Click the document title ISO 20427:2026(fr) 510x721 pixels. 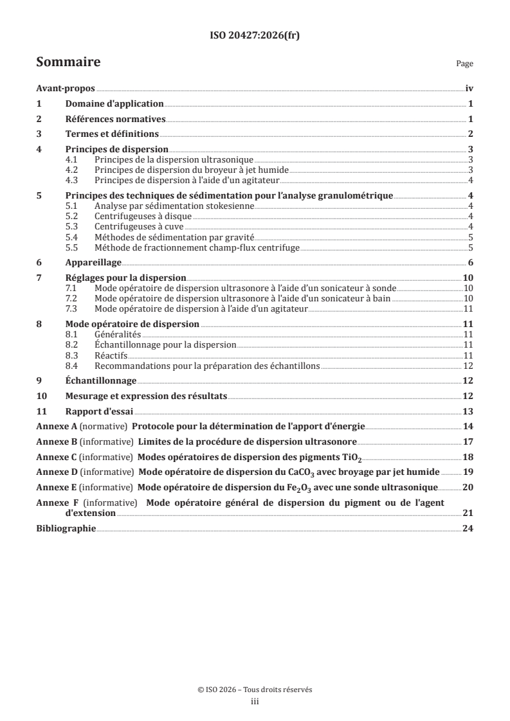pyautogui.click(x=255, y=36)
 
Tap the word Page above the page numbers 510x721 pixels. pyautogui.click(x=464, y=64)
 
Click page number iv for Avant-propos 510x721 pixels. pyautogui.click(x=469, y=89)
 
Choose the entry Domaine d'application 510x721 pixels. pyautogui.click(x=114, y=103)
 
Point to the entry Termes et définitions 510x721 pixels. pyautogui.click(x=112, y=134)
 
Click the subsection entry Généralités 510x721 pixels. pyautogui.click(x=117, y=335)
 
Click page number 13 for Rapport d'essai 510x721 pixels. pyautogui.click(x=468, y=411)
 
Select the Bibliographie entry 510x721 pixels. pyautogui.click(x=66, y=528)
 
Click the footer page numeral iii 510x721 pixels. pyautogui.click(x=255, y=702)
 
